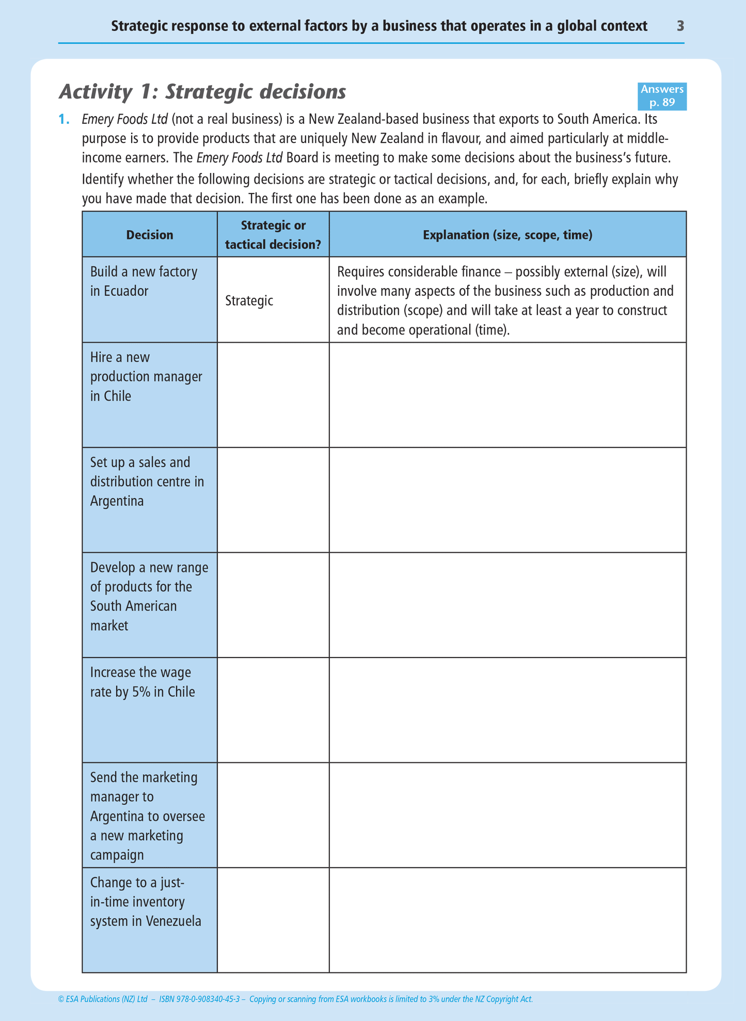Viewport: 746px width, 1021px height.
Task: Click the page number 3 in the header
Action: coord(680,26)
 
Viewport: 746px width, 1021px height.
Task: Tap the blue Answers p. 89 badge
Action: coord(662,96)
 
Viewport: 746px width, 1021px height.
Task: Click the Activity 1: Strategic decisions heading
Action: coord(202,92)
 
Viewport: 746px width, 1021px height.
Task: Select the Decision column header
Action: coord(150,235)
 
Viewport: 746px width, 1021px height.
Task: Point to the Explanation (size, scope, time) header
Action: coord(507,235)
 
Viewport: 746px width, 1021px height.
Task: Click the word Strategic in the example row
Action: coord(249,301)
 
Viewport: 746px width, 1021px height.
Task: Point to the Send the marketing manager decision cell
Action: coord(150,816)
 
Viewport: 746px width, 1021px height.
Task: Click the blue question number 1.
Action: coord(64,120)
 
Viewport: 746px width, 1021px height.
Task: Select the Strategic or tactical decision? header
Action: coord(273,235)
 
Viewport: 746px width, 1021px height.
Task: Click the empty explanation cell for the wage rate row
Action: coord(507,710)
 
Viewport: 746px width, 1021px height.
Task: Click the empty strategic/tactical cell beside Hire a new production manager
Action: coord(273,395)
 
